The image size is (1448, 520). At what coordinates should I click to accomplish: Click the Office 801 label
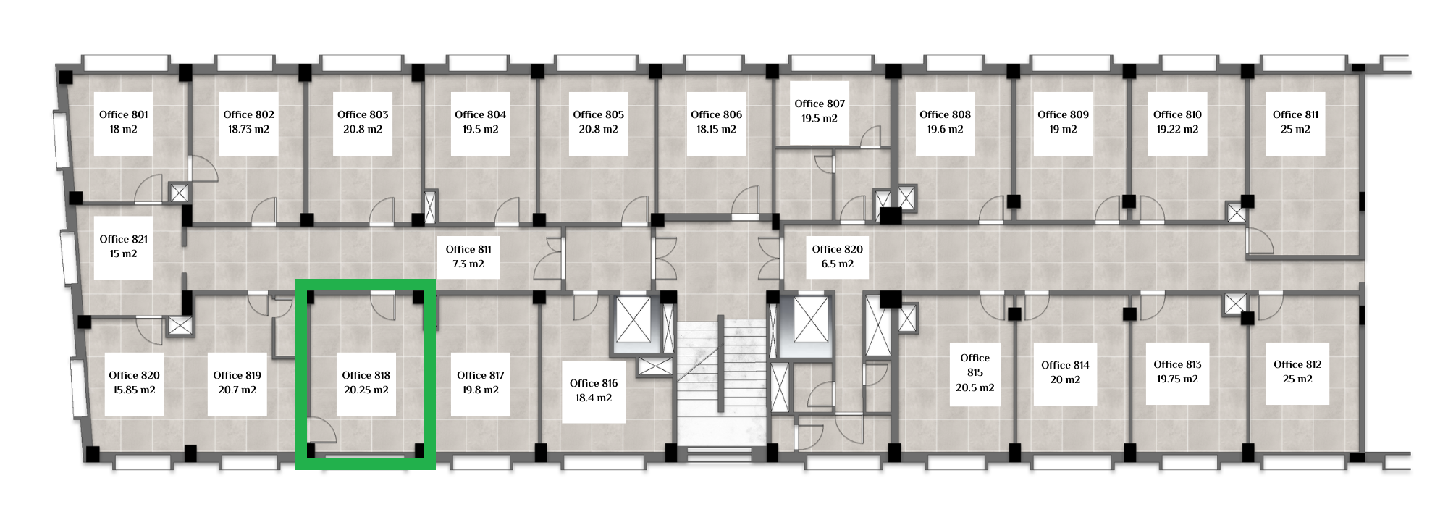point(124,114)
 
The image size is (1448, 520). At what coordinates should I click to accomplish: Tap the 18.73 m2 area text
point(248,129)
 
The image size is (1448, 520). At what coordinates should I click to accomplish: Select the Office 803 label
point(363,114)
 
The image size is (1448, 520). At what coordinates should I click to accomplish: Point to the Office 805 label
point(598,114)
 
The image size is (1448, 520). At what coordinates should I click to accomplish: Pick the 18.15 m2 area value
point(716,129)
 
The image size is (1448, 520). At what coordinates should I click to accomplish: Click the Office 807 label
point(820,104)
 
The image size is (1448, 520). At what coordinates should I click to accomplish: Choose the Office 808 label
point(945,114)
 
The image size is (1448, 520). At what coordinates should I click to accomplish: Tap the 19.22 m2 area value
point(1177,129)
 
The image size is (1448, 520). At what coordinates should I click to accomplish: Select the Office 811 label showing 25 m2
point(1295,114)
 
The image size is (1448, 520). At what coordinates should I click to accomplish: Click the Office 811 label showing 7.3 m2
point(468,249)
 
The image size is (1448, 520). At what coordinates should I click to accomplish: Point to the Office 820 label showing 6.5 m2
point(838,249)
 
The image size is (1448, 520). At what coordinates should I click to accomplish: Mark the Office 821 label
point(124,239)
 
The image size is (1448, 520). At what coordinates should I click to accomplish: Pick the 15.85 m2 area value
point(134,390)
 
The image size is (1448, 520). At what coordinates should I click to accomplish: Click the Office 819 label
point(237,375)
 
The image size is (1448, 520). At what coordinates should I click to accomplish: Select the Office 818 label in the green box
point(366,375)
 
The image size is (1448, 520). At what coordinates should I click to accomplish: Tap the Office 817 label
point(481,375)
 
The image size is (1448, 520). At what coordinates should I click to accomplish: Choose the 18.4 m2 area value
point(594,398)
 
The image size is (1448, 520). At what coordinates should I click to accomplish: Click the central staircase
point(721,384)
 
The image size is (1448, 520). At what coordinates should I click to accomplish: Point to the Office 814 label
point(1065,365)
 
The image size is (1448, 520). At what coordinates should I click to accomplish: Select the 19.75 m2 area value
point(1177,379)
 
